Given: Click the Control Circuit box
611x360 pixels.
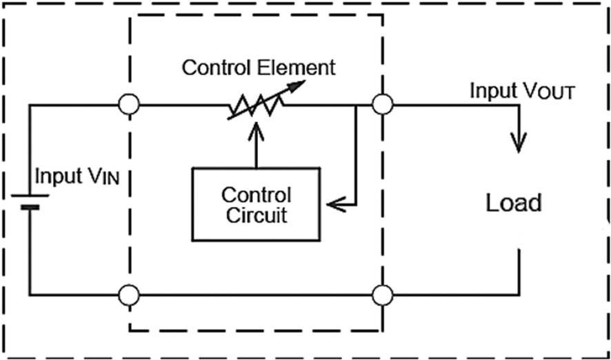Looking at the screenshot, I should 255,204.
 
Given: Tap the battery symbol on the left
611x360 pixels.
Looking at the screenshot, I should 30,201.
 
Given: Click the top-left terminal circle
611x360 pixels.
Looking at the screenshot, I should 129,105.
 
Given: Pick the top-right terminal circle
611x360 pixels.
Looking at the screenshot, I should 382,105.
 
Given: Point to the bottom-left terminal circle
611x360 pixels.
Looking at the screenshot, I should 129,296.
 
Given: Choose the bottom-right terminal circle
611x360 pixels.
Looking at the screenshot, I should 382,296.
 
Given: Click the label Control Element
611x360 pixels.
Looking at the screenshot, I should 259,68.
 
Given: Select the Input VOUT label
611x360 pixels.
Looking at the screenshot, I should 523,91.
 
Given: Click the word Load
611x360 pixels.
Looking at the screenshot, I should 514,203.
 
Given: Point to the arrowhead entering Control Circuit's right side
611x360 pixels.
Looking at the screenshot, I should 334,204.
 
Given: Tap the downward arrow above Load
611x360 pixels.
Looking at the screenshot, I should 517,138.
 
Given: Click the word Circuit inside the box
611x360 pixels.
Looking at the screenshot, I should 256,215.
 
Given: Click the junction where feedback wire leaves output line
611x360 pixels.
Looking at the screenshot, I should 356,106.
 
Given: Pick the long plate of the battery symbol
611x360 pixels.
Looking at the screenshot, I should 30,195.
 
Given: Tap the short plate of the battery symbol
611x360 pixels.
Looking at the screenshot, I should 30,206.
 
